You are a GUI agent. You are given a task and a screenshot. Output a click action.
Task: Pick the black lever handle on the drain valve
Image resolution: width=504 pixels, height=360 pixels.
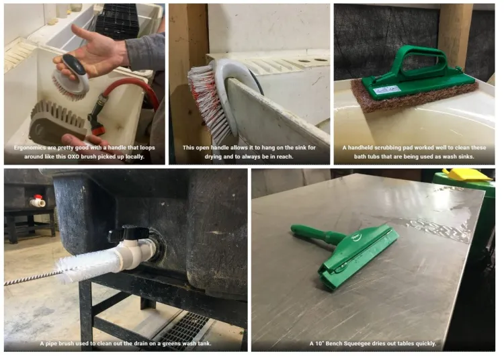[128, 233]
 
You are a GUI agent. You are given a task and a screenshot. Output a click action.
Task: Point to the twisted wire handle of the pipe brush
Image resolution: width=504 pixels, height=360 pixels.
[32, 278]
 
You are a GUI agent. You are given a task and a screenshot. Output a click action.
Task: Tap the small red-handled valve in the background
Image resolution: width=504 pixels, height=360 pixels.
[38, 201]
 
